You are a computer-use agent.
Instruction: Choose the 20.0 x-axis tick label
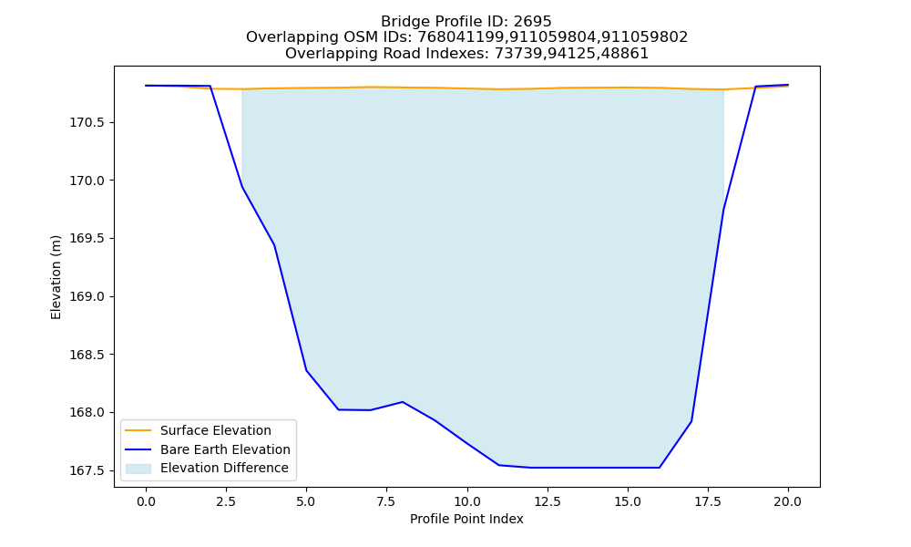click(788, 501)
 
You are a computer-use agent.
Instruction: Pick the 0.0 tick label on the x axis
click(146, 501)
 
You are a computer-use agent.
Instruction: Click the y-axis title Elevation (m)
click(56, 277)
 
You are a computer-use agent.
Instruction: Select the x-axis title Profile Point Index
click(466, 519)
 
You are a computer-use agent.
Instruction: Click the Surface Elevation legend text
click(216, 430)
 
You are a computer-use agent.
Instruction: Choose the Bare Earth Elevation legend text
click(225, 449)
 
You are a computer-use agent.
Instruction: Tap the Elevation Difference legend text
click(224, 468)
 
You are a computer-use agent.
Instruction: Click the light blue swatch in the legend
click(138, 469)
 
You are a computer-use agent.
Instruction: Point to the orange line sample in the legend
click(138, 430)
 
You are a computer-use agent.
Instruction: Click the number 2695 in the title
click(532, 22)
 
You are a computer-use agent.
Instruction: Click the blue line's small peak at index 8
click(402, 402)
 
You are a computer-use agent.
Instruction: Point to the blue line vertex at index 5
click(306, 371)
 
